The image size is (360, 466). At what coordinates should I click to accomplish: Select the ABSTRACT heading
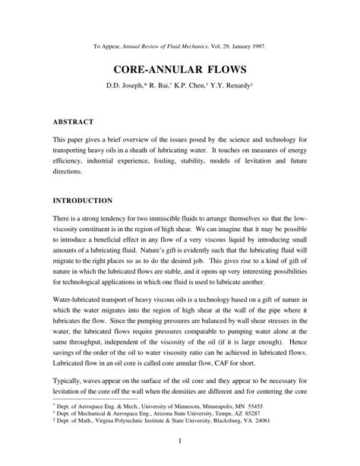pyautogui.click(x=74, y=121)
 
